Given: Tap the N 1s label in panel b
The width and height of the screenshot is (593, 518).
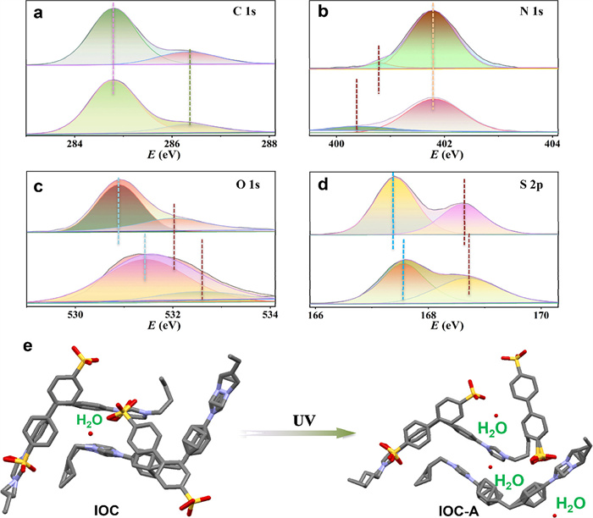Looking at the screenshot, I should (534, 14).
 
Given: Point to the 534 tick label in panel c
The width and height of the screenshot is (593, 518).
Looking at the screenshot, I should (270, 315).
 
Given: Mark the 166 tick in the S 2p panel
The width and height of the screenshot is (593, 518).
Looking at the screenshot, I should (317, 315).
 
